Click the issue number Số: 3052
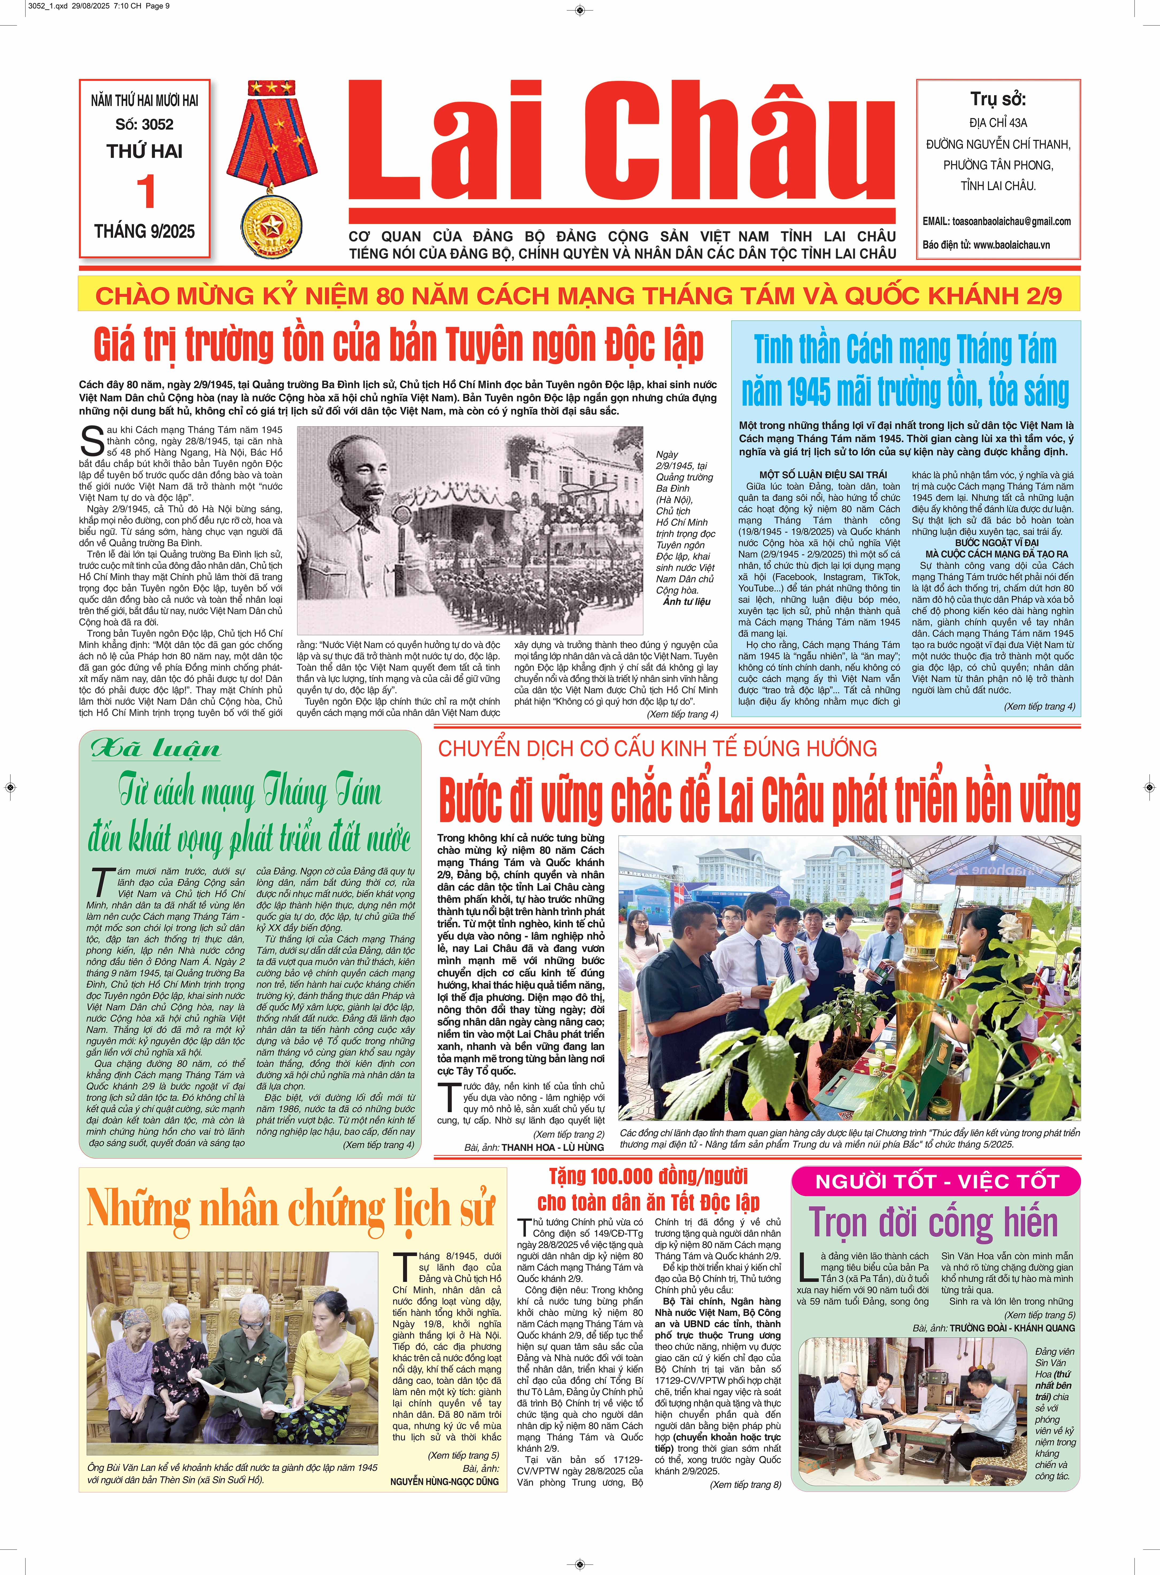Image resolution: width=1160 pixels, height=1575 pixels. (x=145, y=124)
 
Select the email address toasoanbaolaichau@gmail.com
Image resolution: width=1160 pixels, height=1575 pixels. (x=1011, y=221)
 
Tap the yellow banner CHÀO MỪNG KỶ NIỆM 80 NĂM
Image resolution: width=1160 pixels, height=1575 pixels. (x=579, y=296)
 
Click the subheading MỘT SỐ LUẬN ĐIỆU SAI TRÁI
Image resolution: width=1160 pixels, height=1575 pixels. (x=823, y=475)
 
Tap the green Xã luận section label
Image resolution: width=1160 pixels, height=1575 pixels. (x=156, y=749)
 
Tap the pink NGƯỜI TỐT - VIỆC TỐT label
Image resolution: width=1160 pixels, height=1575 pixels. (x=936, y=1182)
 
